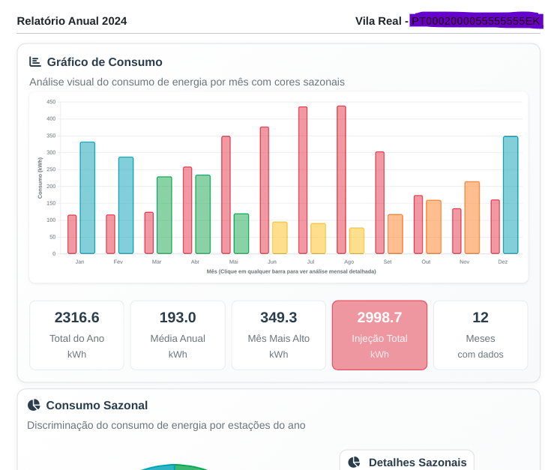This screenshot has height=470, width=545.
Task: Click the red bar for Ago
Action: (x=341, y=180)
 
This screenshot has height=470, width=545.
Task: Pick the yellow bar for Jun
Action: (x=280, y=238)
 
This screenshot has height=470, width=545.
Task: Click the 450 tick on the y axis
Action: (x=51, y=102)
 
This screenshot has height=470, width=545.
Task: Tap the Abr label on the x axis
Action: (x=195, y=262)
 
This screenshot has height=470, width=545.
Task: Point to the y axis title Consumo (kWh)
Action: (x=40, y=178)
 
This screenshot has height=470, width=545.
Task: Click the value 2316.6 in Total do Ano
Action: (x=76, y=317)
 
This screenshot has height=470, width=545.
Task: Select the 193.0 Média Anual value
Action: (x=178, y=317)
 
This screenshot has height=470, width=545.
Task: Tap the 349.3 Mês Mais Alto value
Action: (x=278, y=317)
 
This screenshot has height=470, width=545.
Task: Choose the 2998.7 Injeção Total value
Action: (x=379, y=317)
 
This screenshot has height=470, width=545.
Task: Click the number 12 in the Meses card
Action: (x=481, y=317)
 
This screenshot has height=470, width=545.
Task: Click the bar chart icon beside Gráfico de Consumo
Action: (x=35, y=61)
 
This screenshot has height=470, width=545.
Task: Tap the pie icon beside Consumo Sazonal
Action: (x=34, y=405)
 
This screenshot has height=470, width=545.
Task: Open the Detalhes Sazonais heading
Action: (x=417, y=463)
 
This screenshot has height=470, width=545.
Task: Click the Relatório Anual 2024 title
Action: (x=72, y=21)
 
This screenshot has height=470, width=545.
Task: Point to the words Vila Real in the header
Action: (x=379, y=21)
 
